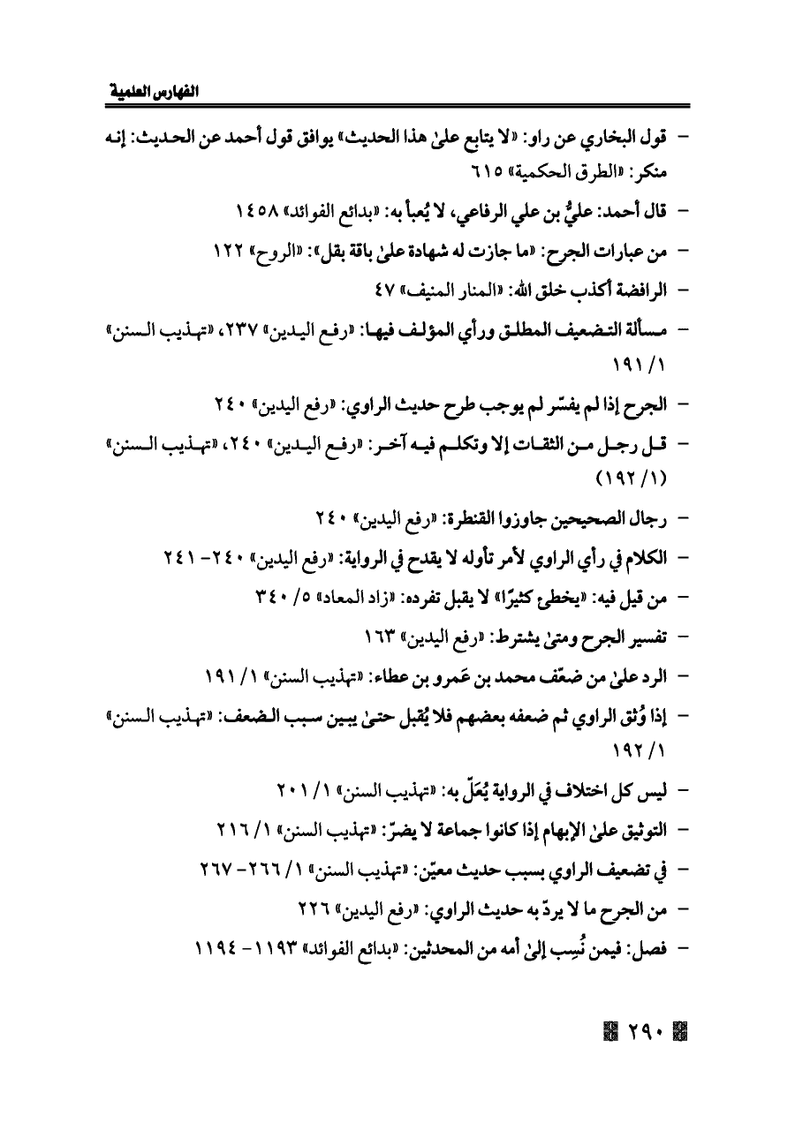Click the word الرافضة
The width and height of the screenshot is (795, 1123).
(632, 288)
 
